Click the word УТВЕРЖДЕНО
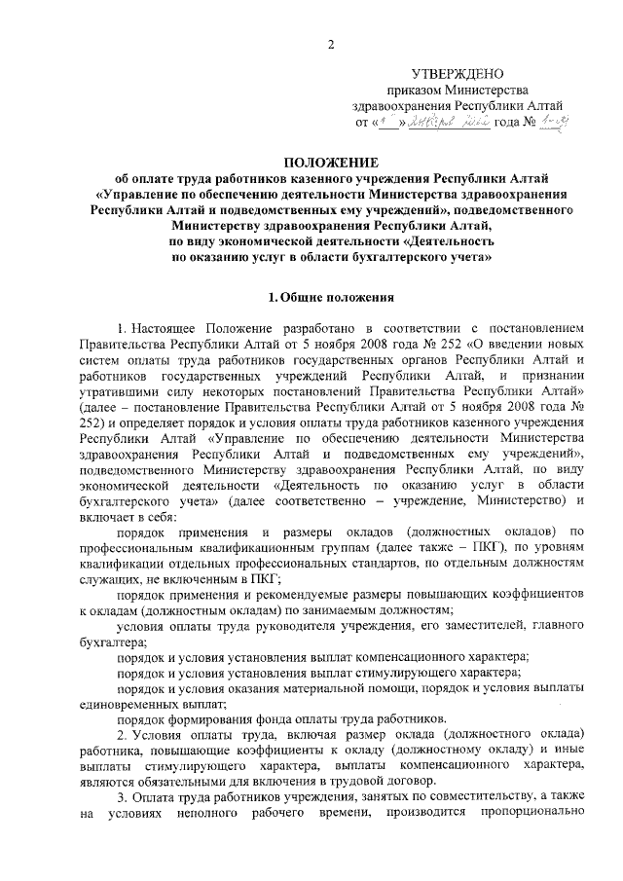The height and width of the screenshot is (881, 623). pos(457,74)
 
